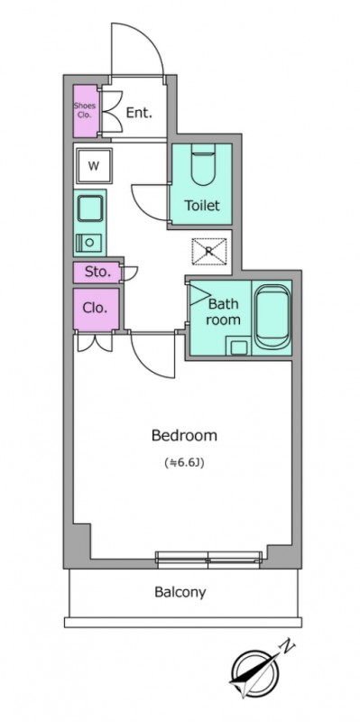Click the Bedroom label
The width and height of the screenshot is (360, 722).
[184, 435]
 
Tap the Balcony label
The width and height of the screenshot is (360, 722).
[180, 592]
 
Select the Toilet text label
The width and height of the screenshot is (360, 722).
[202, 206]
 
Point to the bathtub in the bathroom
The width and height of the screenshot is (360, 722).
[273, 317]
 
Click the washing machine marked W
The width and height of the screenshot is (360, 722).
[94, 166]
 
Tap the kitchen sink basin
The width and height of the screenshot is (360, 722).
[89, 208]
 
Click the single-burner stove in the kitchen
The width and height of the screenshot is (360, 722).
[88, 243]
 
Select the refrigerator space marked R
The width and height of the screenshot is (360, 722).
[209, 252]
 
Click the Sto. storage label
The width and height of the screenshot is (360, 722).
[97, 273]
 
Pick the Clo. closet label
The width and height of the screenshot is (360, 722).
[95, 308]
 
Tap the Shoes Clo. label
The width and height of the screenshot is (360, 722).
[85, 110]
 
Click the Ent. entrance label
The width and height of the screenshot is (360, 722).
[139, 113]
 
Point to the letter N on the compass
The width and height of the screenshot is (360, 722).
[288, 646]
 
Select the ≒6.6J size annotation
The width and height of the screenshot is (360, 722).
[184, 463]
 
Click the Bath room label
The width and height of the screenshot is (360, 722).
[223, 311]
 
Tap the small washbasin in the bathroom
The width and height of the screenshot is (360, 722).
[238, 347]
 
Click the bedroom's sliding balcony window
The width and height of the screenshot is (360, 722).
[208, 557]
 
